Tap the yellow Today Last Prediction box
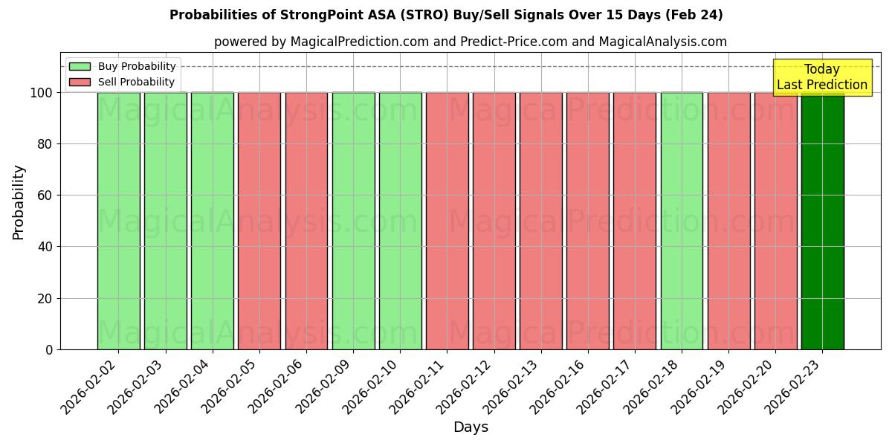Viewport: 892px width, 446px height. [x=821, y=77]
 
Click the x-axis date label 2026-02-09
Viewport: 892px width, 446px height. [x=325, y=386]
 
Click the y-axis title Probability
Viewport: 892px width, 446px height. [x=19, y=202]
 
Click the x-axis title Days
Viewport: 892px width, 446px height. [x=471, y=427]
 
